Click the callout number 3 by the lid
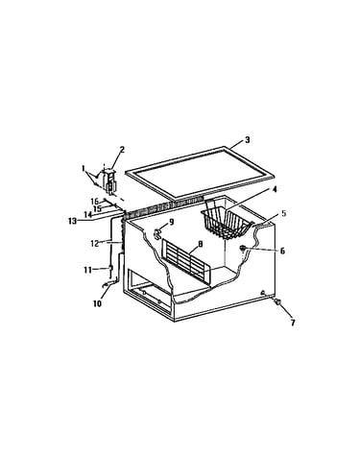[x=247, y=140]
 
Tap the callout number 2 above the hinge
[x=122, y=150]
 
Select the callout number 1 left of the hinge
[x=84, y=167]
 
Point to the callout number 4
[x=275, y=189]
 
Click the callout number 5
[x=284, y=213]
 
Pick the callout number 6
[x=282, y=251]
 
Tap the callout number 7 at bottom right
[x=293, y=323]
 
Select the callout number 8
[x=200, y=244]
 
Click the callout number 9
[x=171, y=222]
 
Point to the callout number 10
[x=97, y=303]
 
